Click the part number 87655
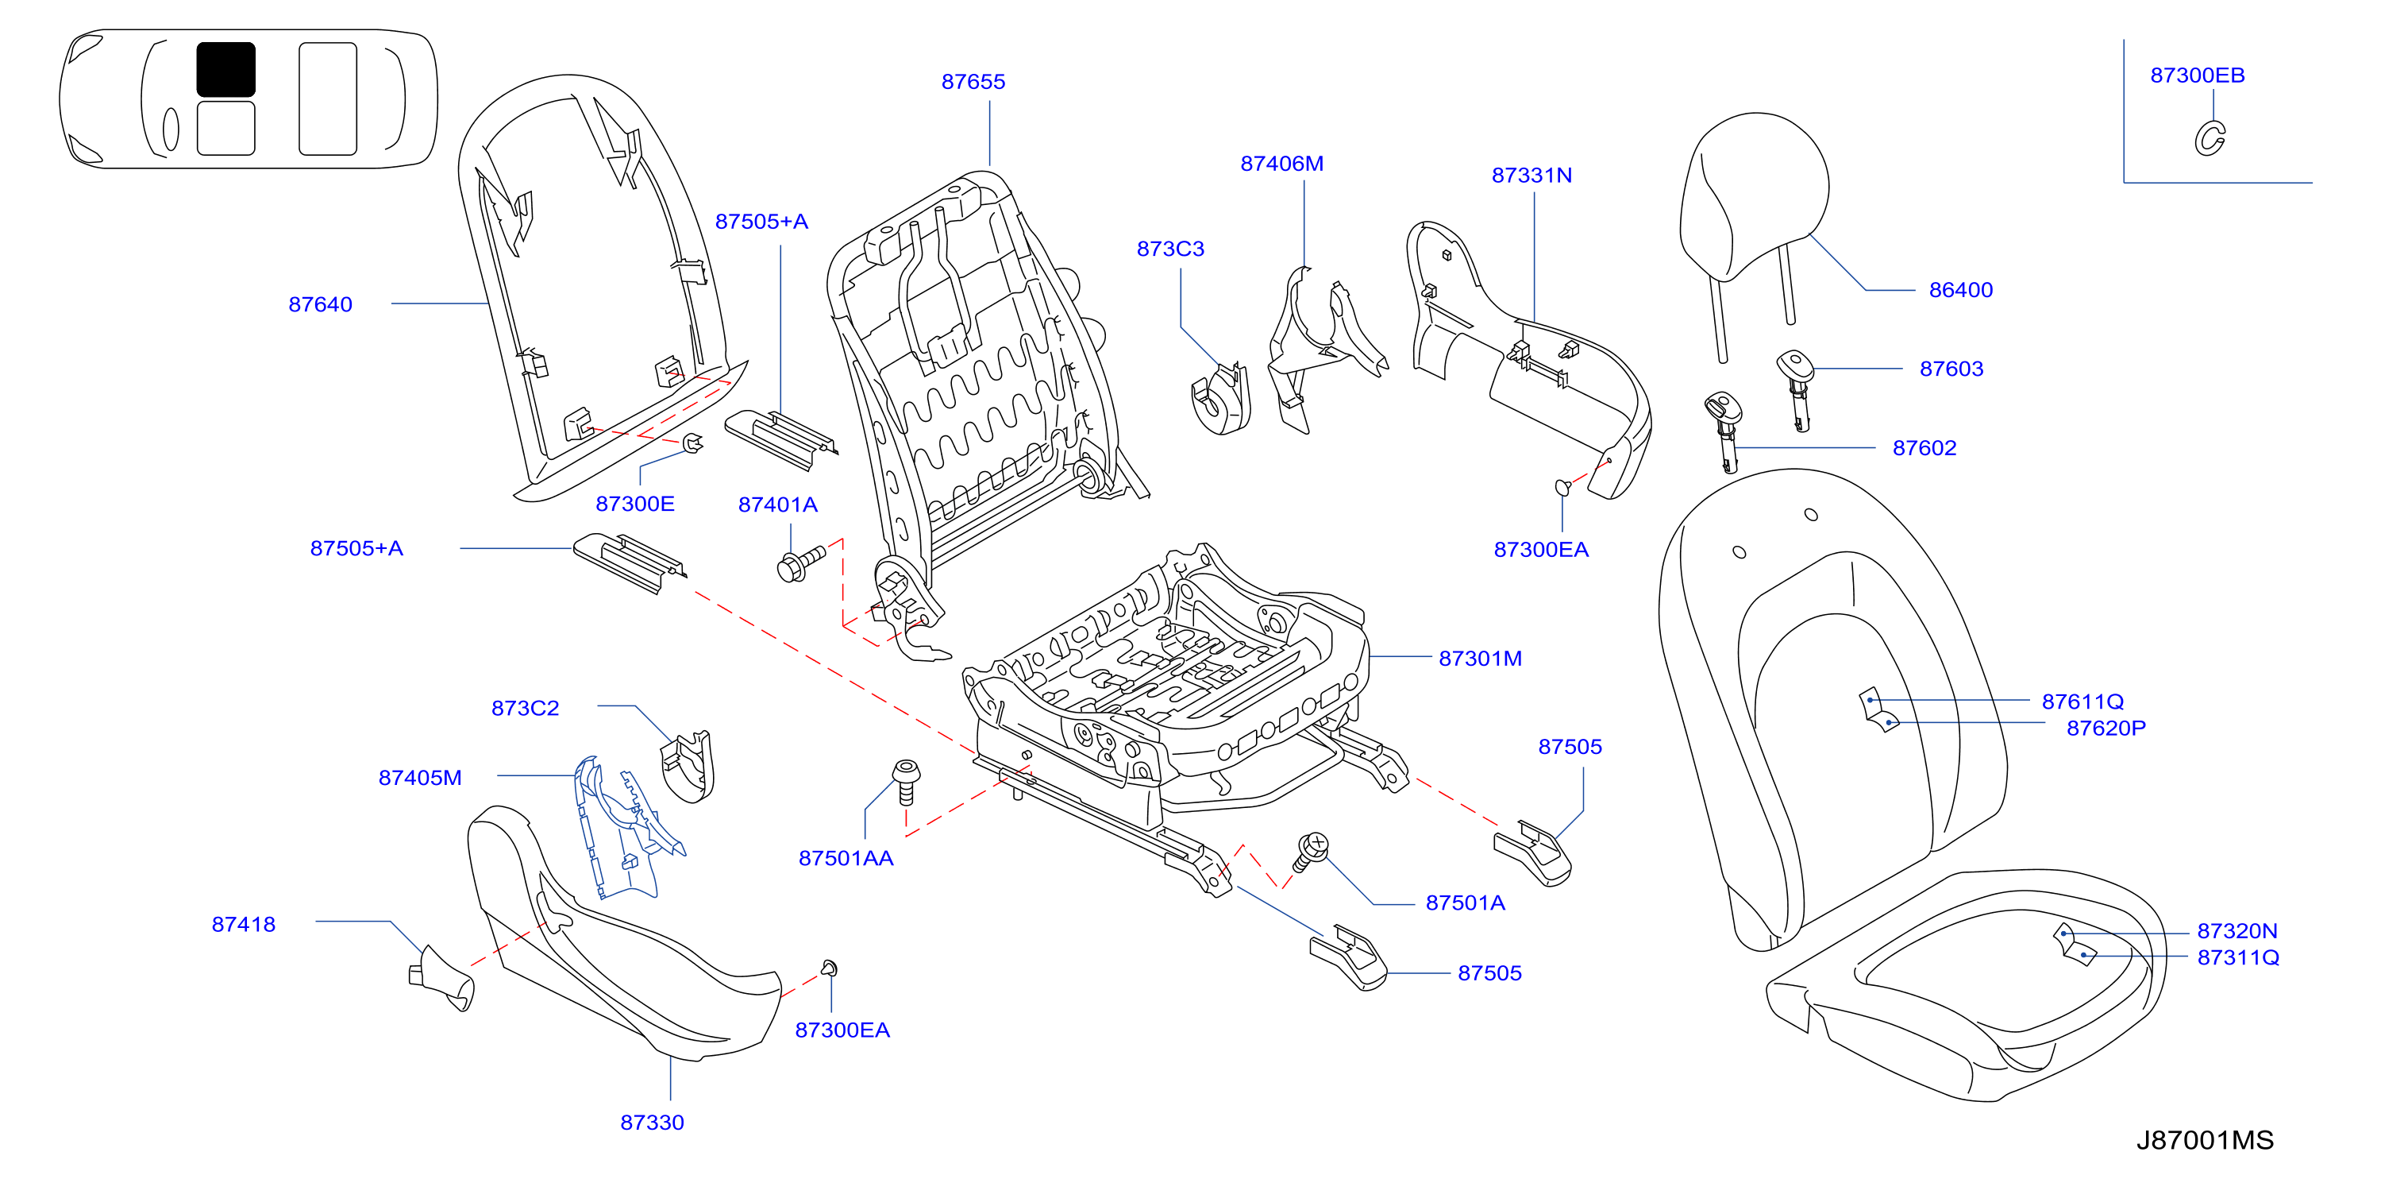(973, 81)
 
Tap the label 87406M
(1282, 164)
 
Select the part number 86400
(1960, 290)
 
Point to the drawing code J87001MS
(2205, 1140)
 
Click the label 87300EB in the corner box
(2197, 75)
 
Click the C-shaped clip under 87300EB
(2210, 139)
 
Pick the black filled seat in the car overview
(225, 69)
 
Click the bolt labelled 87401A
(800, 563)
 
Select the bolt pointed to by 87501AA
(906, 782)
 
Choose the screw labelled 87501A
(1310, 852)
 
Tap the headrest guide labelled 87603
(1796, 388)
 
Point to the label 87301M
(1480, 659)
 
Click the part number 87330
(652, 1123)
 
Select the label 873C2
(525, 709)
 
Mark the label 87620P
(2106, 729)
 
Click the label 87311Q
(2238, 958)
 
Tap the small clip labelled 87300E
(692, 444)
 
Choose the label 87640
(320, 305)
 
